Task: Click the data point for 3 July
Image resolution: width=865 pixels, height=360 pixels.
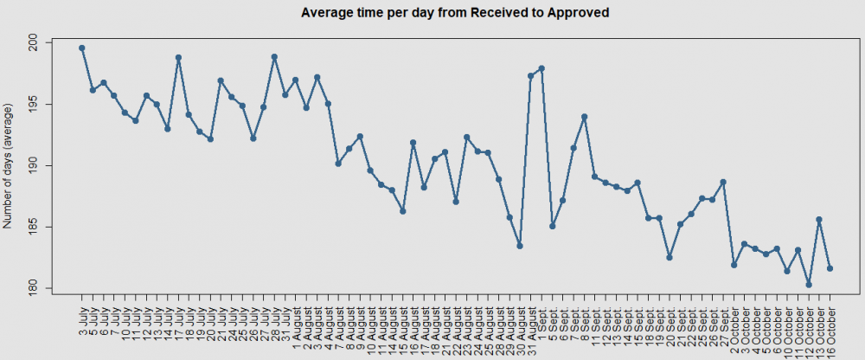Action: [x=82, y=48]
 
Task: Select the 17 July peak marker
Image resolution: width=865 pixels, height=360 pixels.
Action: [x=178, y=58]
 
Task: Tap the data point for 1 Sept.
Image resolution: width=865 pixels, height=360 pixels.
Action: [x=541, y=68]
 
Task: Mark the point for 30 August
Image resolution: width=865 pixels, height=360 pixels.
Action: [x=520, y=246]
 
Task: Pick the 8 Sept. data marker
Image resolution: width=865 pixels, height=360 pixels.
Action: [x=585, y=117]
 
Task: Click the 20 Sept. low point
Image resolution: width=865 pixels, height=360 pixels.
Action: [x=670, y=258]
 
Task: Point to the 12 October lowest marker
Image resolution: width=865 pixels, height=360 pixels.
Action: [x=809, y=285]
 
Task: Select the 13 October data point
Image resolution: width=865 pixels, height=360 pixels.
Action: [x=819, y=220]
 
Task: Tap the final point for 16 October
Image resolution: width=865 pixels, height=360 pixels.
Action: [x=830, y=268]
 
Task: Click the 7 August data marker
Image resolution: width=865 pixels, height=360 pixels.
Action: [x=338, y=164]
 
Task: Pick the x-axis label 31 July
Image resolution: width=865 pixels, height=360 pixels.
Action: [x=285, y=319]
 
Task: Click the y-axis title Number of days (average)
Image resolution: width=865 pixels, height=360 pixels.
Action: [x=10, y=165]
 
